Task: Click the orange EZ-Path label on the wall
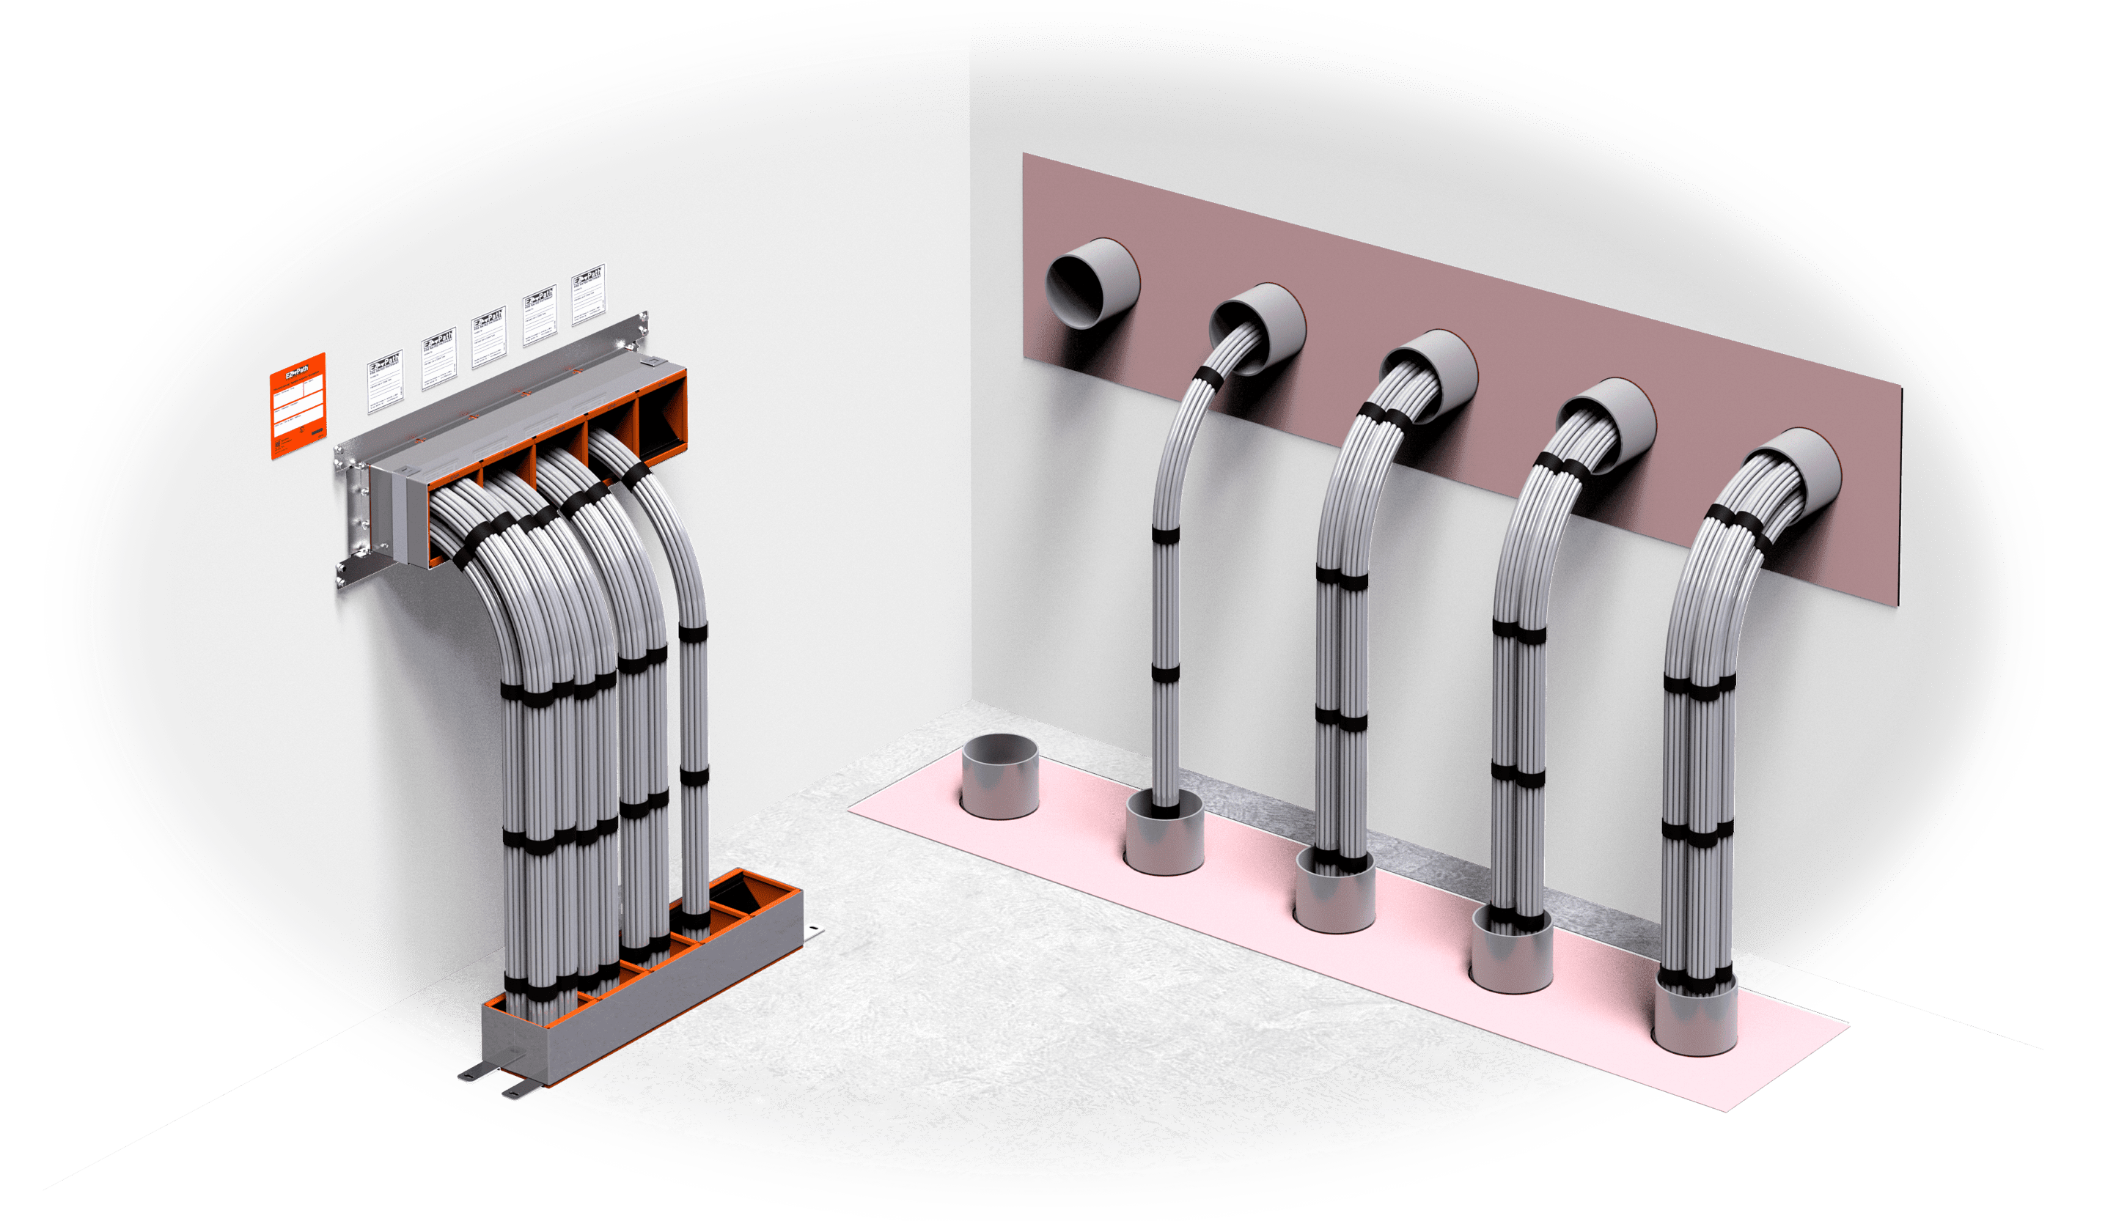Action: click(x=297, y=406)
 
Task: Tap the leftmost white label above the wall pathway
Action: click(x=384, y=382)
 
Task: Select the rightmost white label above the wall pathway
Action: click(x=588, y=296)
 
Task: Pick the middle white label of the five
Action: click(x=488, y=337)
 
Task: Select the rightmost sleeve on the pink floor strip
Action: click(x=1695, y=1017)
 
